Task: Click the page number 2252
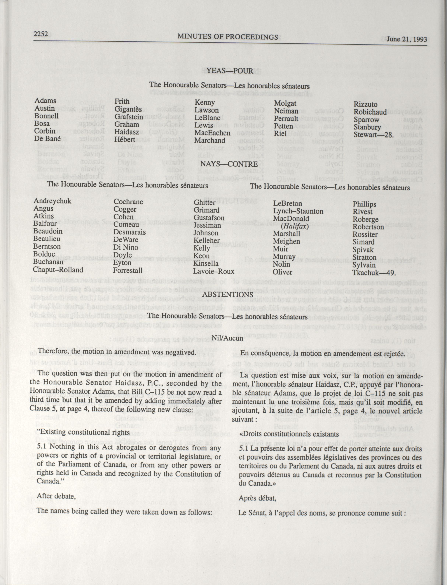pyautogui.click(x=40, y=34)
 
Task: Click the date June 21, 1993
pyautogui.click(x=407, y=39)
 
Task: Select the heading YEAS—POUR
pyautogui.click(x=230, y=71)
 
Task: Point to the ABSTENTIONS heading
pyautogui.click(x=228, y=294)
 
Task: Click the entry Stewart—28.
pyautogui.click(x=373, y=135)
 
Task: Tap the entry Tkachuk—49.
pyautogui.click(x=374, y=273)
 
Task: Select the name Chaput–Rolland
pyautogui.click(x=58, y=270)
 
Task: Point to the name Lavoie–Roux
pyautogui.click(x=214, y=271)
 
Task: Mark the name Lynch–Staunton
pyautogui.click(x=298, y=211)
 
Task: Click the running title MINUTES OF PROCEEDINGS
pyautogui.click(x=228, y=37)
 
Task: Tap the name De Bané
pyautogui.click(x=47, y=139)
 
